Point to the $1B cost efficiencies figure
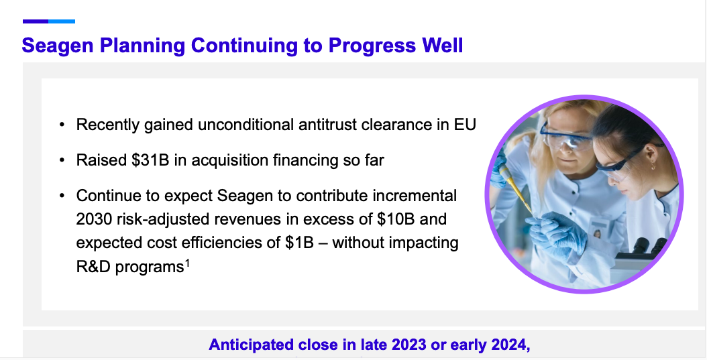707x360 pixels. click(x=299, y=243)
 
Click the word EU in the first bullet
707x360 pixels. click(x=465, y=124)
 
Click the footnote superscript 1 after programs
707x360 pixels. click(x=188, y=262)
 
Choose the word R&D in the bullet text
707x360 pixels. click(x=93, y=266)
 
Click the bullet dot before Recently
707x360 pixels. click(x=62, y=125)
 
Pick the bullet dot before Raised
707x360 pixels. click(x=62, y=160)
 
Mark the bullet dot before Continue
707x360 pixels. click(x=62, y=196)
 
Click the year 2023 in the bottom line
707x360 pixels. click(x=409, y=345)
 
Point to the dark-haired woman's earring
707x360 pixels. click(x=652, y=167)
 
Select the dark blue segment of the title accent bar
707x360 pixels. click(x=36, y=21)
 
